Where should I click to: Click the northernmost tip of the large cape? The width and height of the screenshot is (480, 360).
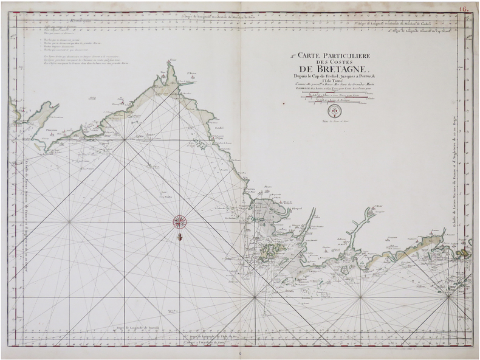173,63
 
